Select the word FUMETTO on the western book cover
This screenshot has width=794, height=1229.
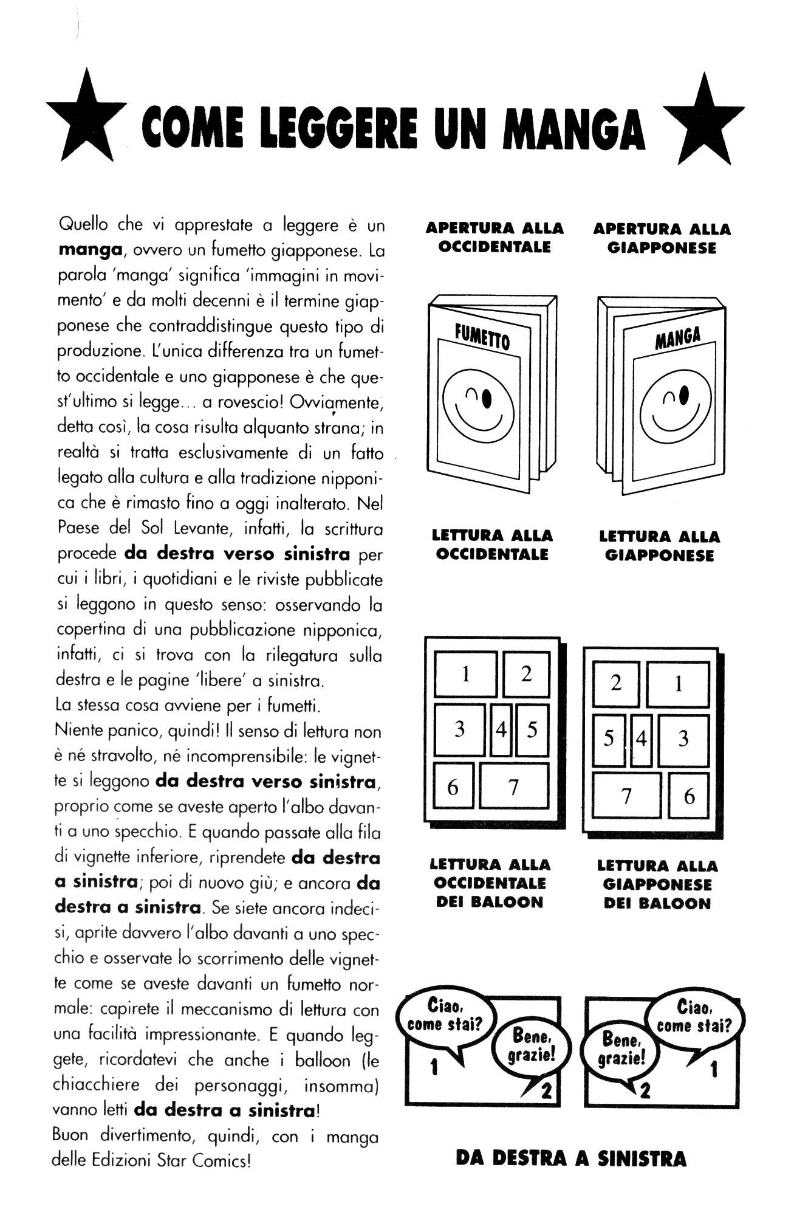(x=482, y=336)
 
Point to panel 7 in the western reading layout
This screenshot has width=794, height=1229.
(x=513, y=787)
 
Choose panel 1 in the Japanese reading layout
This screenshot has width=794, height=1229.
(x=677, y=684)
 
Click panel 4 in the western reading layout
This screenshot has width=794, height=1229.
(x=501, y=729)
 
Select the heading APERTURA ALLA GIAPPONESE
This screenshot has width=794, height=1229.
(x=662, y=238)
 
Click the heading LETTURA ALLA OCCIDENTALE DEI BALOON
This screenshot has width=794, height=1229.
(x=490, y=883)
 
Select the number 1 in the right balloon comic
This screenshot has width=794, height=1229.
(x=714, y=1069)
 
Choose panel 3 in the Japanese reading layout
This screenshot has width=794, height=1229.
(x=683, y=738)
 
